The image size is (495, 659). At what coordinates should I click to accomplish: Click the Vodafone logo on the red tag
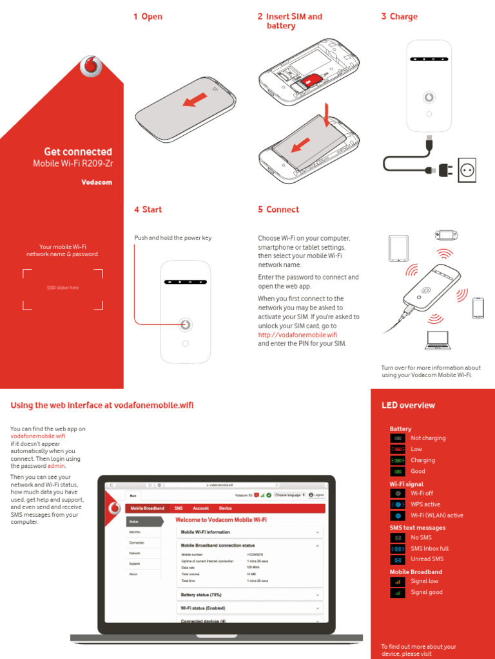coord(92,66)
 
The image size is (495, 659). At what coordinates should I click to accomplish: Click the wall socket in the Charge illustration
coord(467,171)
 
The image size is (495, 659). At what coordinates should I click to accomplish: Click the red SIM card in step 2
coord(313,80)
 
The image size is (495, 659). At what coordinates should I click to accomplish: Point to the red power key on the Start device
coord(186,324)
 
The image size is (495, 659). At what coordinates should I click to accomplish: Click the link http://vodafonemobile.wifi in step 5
coord(297,335)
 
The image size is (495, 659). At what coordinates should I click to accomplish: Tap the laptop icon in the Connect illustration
coord(438,340)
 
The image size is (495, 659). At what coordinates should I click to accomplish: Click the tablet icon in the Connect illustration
coord(398,248)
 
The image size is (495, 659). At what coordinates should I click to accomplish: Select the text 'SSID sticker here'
coord(63,288)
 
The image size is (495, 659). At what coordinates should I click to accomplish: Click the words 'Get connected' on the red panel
coord(77,152)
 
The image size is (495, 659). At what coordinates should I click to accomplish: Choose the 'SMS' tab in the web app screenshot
coord(179,508)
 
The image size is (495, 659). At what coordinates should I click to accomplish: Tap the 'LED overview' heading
coord(408,405)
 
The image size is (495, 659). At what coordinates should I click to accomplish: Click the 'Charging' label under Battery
coord(422,460)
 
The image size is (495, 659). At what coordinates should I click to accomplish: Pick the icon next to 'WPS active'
coord(398,505)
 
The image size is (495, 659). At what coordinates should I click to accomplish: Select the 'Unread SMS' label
coord(427,559)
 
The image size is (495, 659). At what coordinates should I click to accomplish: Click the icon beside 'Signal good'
coord(398,592)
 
